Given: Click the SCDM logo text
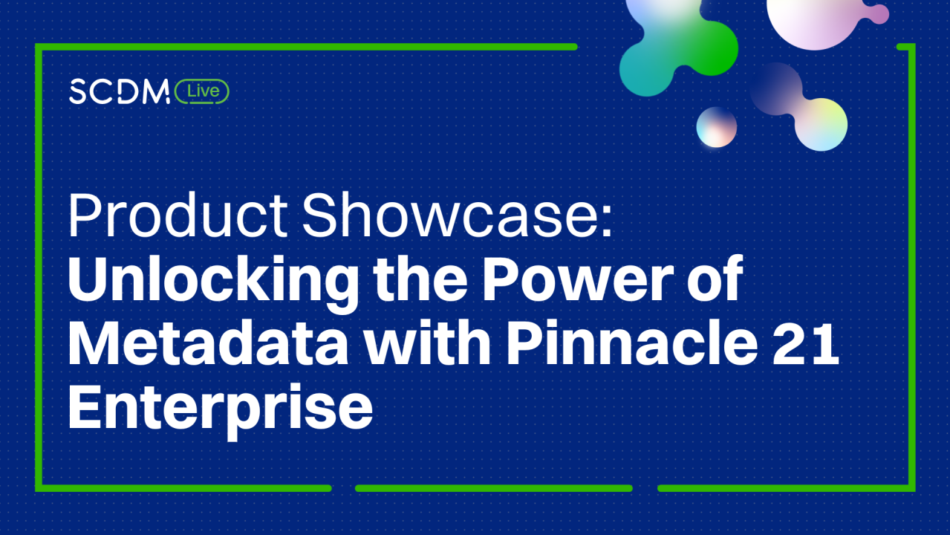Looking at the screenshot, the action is tap(120, 91).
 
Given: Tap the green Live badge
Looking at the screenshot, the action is tap(202, 91).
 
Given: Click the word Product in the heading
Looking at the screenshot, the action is tap(178, 215).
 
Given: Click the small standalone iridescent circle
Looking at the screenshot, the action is tap(716, 127).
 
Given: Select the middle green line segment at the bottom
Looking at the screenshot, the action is tap(494, 488).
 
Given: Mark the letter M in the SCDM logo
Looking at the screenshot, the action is tap(156, 91).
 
